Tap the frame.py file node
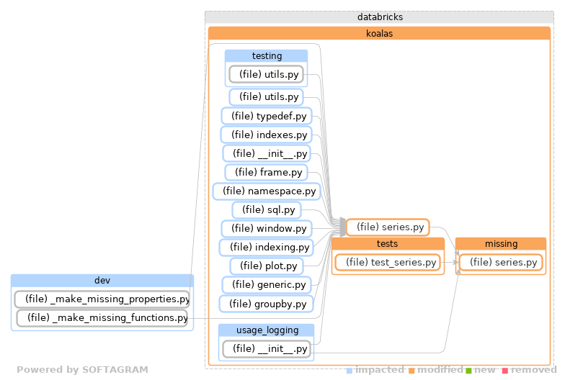point(266,172)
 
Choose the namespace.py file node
point(265,191)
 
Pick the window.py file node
point(266,228)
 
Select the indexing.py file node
point(266,247)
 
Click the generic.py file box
point(266,284)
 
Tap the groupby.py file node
point(266,304)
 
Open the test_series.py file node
point(387,263)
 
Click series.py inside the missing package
point(501,263)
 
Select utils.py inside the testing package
point(266,74)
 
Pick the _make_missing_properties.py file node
point(102,299)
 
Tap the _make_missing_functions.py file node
point(102,317)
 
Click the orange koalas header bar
point(379,33)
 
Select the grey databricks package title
point(379,17)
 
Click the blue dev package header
point(102,280)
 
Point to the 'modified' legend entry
point(434,370)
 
